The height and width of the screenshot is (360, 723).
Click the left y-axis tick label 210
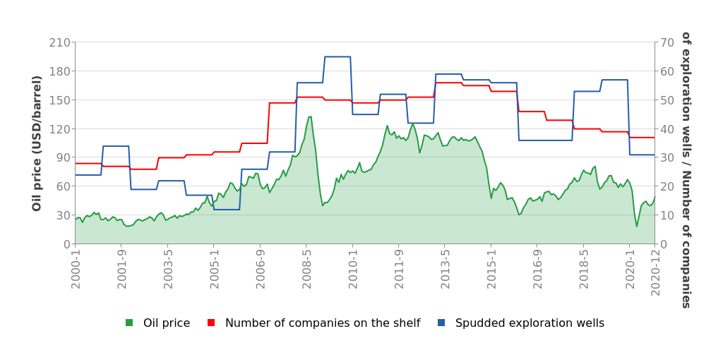pos(60,42)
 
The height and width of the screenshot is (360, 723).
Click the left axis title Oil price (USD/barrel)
pos(37,143)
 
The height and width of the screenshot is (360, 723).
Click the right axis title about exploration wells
pos(685,169)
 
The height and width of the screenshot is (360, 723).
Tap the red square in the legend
pos(211,323)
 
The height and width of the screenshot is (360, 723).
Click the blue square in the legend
pos(441,323)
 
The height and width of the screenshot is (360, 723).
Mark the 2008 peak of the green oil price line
pos(310,117)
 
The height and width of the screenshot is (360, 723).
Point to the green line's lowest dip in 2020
pos(636,226)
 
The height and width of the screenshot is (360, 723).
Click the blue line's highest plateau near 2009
pos(337,57)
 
